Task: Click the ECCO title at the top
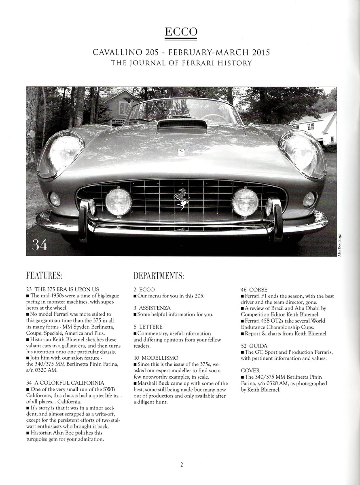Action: tap(180, 32)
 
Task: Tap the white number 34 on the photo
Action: tap(39, 245)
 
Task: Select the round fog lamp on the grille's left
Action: tap(118, 202)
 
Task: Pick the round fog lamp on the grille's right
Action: tap(245, 202)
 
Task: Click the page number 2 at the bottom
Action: tap(182, 464)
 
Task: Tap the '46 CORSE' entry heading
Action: tap(254, 290)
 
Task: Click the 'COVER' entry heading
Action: tap(250, 370)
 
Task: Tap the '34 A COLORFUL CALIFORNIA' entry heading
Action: tap(65, 382)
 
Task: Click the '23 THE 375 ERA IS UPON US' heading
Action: tap(62, 290)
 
